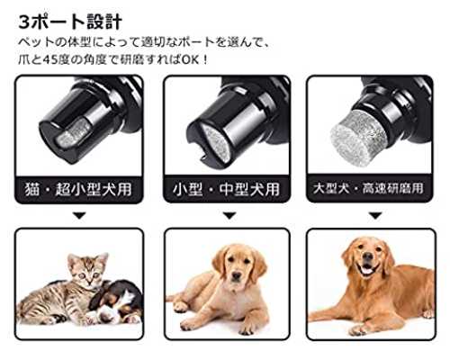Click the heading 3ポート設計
pyautogui.click(x=70, y=22)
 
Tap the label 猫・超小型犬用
pyautogui.click(x=78, y=190)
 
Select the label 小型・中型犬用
pyautogui.click(x=227, y=190)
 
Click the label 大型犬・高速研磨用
pyautogui.click(x=368, y=188)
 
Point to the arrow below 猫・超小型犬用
pyautogui.click(x=79, y=215)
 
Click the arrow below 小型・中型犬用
pyautogui.click(x=229, y=215)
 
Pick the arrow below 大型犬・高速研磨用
pyautogui.click(x=375, y=215)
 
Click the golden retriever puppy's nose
pyautogui.click(x=237, y=275)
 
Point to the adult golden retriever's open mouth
pyautogui.click(x=366, y=269)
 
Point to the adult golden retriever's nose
pyautogui.click(x=367, y=256)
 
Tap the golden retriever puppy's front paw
pyautogui.click(x=194, y=324)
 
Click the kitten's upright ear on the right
pyautogui.click(x=102, y=258)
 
